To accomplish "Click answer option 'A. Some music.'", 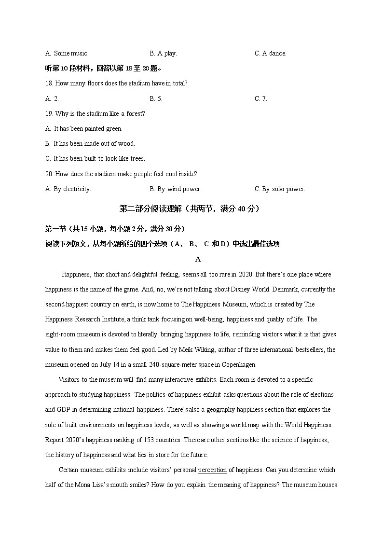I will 67,54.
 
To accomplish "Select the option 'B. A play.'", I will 163,54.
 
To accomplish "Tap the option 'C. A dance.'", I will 270,54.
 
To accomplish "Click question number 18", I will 49,83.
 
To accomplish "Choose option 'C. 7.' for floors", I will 260,99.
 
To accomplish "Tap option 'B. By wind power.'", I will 175,189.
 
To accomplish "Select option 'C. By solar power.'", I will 280,189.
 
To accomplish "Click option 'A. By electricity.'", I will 68,189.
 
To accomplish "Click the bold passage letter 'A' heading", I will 198,259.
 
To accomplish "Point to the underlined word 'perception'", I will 212,470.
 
